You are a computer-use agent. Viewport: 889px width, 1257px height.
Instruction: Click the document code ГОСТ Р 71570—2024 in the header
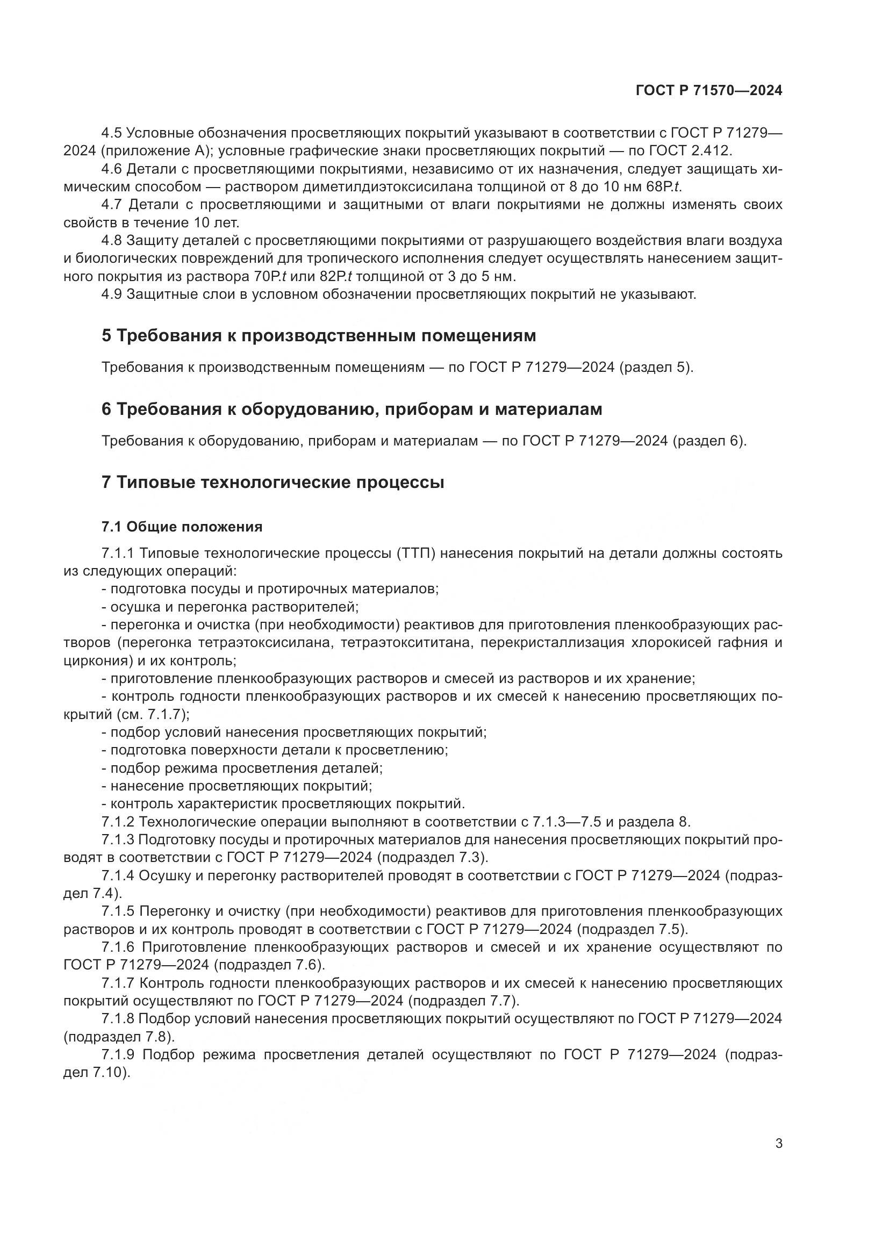click(x=709, y=90)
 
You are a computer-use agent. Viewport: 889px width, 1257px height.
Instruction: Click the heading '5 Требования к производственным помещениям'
click(x=319, y=335)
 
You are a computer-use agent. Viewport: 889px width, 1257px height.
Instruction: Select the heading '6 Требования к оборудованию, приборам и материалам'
click(x=352, y=409)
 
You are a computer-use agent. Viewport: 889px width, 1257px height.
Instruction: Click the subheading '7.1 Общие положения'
click(x=182, y=527)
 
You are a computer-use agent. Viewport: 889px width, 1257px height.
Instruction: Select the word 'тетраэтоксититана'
click(x=406, y=642)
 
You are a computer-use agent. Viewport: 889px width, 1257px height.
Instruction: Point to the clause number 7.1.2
click(x=117, y=822)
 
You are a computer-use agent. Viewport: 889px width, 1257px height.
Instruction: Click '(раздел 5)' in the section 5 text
click(x=656, y=367)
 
